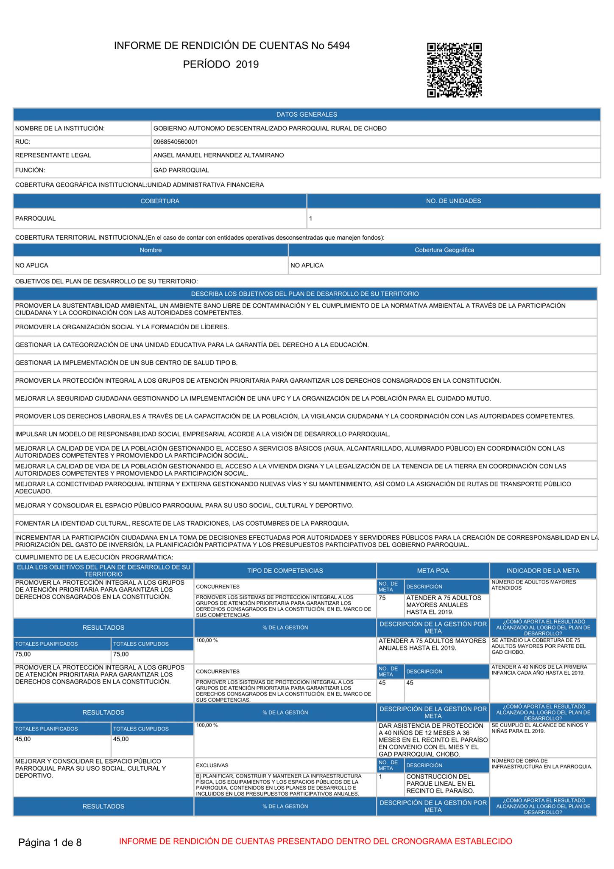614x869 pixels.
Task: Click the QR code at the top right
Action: tap(454, 70)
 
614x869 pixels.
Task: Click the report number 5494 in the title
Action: tap(338, 46)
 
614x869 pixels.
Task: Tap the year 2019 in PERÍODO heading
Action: tap(247, 64)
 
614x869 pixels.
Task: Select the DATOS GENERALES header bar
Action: tap(307, 115)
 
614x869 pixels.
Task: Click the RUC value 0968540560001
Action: tap(176, 142)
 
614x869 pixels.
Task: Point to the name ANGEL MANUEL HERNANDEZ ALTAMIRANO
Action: tap(218, 155)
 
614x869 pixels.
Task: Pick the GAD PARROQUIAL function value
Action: tap(181, 170)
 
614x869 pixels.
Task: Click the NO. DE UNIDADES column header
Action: tap(453, 201)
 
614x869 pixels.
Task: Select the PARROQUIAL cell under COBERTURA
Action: tap(36, 219)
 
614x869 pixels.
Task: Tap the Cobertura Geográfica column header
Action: tap(444, 250)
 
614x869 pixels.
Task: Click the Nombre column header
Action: tap(151, 250)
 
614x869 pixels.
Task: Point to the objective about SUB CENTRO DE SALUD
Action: tap(126, 363)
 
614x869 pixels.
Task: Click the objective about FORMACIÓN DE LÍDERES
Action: tap(122, 327)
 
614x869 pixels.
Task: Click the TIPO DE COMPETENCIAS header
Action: tap(285, 571)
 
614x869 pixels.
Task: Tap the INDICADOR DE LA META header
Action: tap(543, 571)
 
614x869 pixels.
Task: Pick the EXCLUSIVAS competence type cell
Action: tap(212, 765)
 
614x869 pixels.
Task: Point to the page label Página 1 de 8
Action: tap(50, 842)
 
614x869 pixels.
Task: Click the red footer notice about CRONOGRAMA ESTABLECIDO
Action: tap(315, 841)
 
